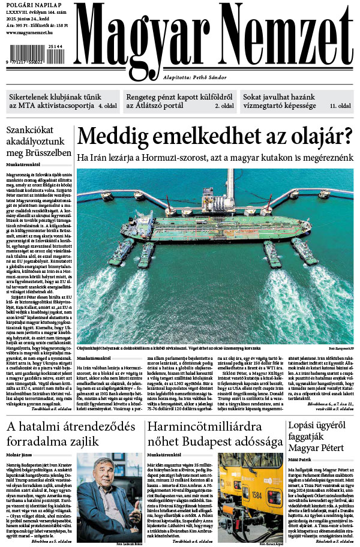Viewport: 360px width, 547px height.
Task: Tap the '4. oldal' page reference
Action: [x=108, y=106]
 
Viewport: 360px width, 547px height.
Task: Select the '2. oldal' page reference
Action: [x=224, y=106]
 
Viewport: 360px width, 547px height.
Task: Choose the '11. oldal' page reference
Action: [x=341, y=106]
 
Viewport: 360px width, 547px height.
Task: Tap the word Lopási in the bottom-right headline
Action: [x=304, y=426]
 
